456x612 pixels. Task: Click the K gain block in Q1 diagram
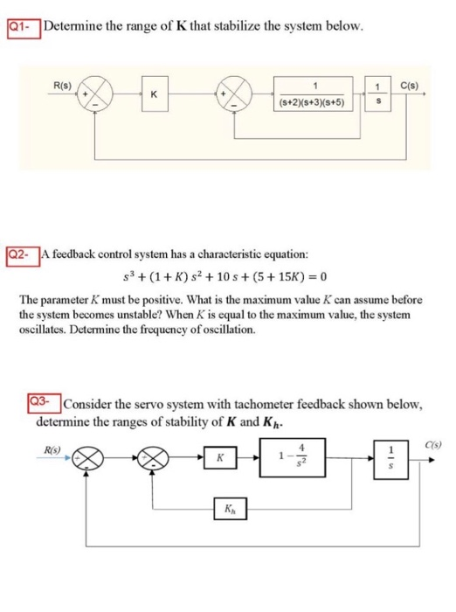pyautogui.click(x=154, y=94)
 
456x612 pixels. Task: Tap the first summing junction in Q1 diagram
pyautogui.click(x=100, y=94)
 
